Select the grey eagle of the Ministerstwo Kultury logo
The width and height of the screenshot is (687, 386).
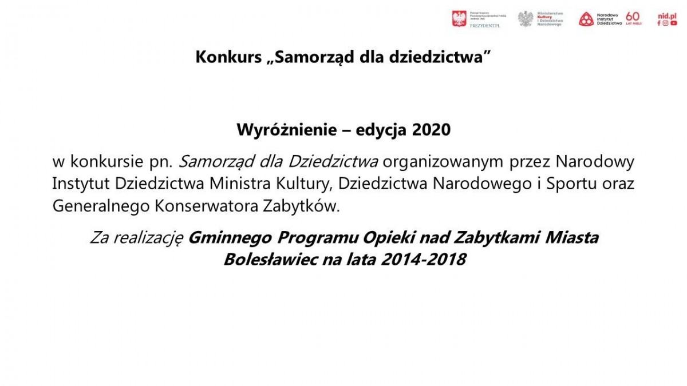[x=526, y=19]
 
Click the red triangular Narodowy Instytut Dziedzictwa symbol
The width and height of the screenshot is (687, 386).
[x=586, y=19]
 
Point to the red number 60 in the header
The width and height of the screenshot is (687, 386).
[x=633, y=15]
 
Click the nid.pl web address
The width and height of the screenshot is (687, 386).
[x=667, y=15]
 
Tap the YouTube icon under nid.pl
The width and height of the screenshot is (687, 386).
[x=674, y=23]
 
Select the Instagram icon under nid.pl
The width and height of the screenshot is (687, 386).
[x=666, y=23]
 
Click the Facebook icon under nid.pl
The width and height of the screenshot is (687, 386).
[x=659, y=23]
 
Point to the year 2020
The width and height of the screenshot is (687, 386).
[x=432, y=130]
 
